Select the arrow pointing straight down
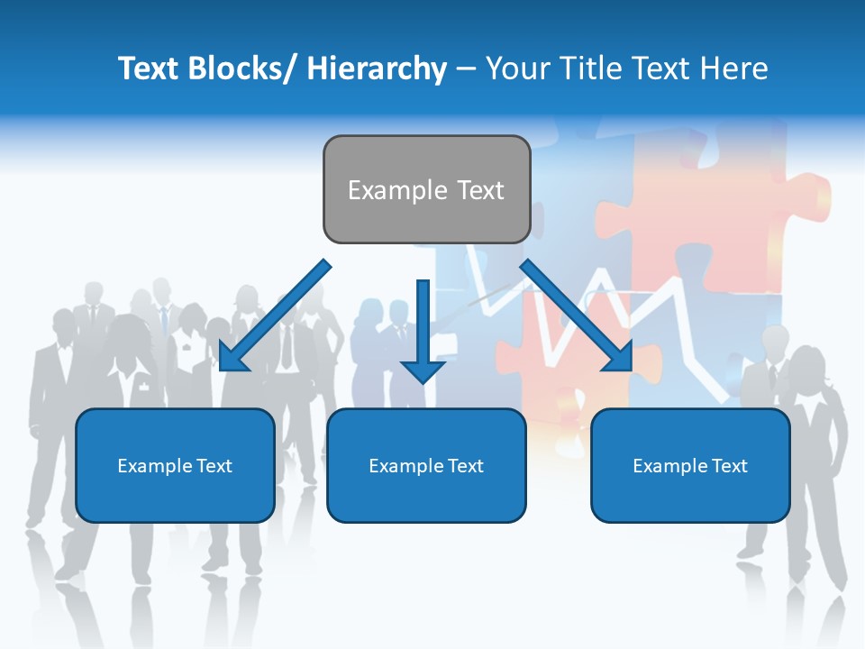pyautogui.click(x=423, y=324)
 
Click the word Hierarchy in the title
pyautogui.click(x=377, y=69)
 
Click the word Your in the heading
pyautogui.click(x=517, y=69)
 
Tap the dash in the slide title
pyautogui.click(x=466, y=69)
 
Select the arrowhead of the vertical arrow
pyautogui.click(x=423, y=370)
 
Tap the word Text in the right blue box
pyautogui.click(x=729, y=466)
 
